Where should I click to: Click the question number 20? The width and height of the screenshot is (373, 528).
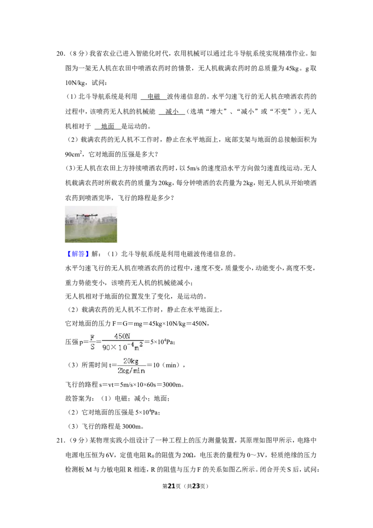coord(60,54)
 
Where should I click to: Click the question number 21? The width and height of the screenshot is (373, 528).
coord(60,440)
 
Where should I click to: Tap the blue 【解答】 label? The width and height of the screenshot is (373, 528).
coord(77,254)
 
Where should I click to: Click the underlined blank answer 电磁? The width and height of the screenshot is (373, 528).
coord(154,97)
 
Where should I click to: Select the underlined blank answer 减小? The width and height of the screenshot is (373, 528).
coord(172,111)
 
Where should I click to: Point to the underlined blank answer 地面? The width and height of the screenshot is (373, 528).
coord(108,126)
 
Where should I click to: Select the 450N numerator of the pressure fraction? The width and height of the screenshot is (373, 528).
coord(122,336)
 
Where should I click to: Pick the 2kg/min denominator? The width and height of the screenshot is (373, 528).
coord(131,371)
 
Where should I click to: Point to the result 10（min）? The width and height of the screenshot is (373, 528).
coord(166,365)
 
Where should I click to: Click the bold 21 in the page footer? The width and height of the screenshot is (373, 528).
coord(172,486)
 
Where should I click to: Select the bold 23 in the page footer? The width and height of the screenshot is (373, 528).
coord(196,486)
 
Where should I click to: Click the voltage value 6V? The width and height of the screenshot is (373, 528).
coord(110,455)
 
